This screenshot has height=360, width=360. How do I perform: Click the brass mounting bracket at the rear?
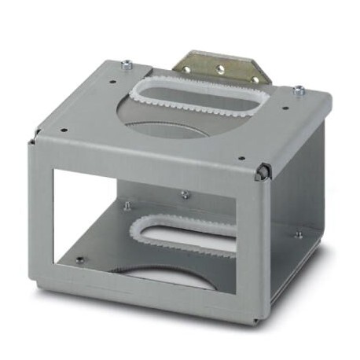click(222, 66)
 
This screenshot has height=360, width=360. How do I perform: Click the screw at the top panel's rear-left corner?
click(126, 64)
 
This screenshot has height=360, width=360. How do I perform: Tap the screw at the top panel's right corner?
click(299, 90)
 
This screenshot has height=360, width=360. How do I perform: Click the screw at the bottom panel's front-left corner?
click(80, 259)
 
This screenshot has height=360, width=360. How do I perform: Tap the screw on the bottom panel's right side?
click(298, 233)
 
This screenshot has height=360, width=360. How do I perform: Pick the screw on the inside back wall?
click(184, 193)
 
